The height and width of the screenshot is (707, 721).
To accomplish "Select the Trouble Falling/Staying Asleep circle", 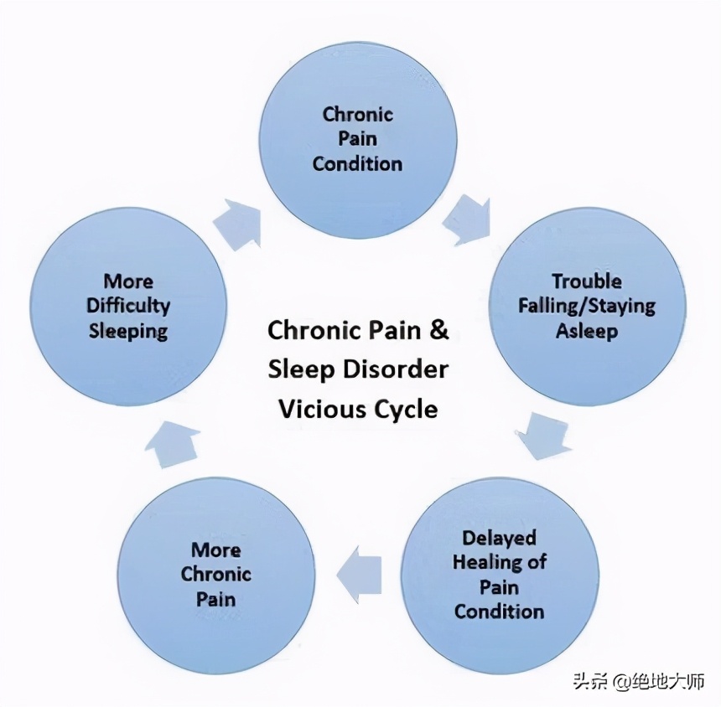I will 586,306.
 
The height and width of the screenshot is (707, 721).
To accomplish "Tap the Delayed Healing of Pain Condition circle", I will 500,575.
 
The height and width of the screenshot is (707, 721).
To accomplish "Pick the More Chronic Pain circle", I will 215,575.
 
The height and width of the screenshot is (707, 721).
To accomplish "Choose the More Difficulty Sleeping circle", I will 128,306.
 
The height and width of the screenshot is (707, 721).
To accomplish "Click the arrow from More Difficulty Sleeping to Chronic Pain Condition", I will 236,222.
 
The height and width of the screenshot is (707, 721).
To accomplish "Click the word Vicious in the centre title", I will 320,409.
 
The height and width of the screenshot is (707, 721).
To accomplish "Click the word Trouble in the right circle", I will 586,281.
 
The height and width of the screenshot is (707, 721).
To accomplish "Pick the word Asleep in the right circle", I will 586,331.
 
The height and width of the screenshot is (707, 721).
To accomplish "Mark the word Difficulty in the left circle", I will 128,306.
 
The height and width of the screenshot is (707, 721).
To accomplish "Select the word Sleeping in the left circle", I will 128,331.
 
